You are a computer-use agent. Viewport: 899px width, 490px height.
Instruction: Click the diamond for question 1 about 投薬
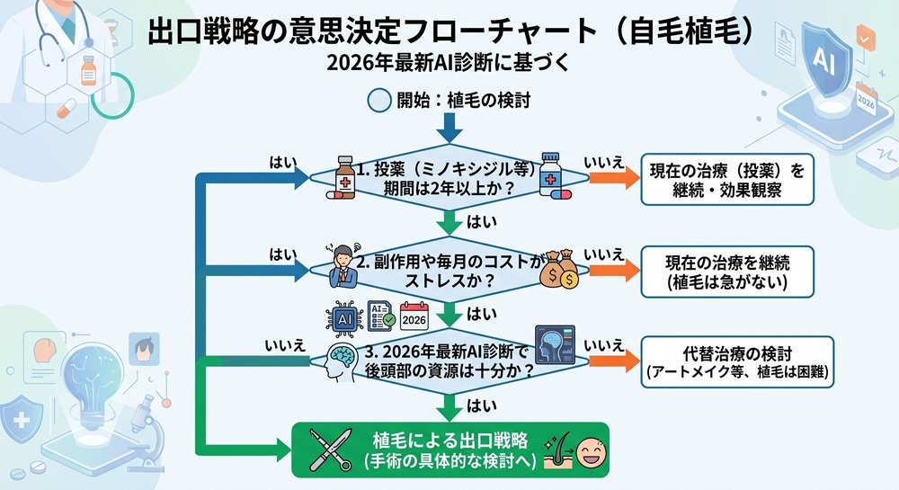(x=449, y=176)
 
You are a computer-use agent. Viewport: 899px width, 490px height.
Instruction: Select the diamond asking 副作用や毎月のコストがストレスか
(x=449, y=272)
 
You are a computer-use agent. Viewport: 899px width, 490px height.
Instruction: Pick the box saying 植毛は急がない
(x=726, y=272)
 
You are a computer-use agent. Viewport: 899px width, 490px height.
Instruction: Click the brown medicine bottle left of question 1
(x=343, y=175)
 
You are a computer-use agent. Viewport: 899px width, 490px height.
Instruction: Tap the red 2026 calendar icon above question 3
(x=414, y=316)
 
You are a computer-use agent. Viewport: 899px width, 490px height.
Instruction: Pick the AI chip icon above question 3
(x=343, y=316)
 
